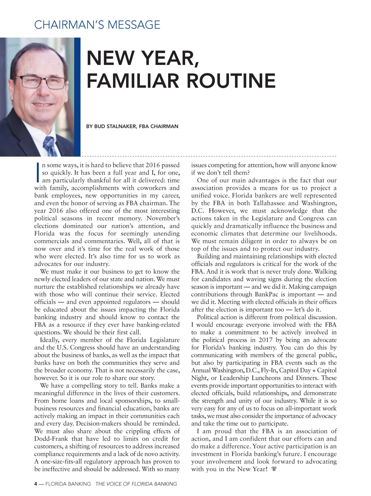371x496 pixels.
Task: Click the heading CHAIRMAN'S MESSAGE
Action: pyautogui.click(x=97, y=25)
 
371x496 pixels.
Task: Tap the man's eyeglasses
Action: pyautogui.click(x=40, y=81)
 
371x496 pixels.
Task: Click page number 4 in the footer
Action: pyautogui.click(x=36, y=484)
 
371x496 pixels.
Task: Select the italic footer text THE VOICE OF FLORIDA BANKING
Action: pyautogui.click(x=136, y=484)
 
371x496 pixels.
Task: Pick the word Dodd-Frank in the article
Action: pyautogui.click(x=51, y=439)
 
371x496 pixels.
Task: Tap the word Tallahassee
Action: pyautogui.click(x=271, y=203)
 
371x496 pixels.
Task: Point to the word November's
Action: pyautogui.click(x=163, y=218)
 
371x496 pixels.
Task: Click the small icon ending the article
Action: pyautogui.click(x=274, y=469)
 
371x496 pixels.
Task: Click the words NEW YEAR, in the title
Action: pyautogui.click(x=143, y=58)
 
